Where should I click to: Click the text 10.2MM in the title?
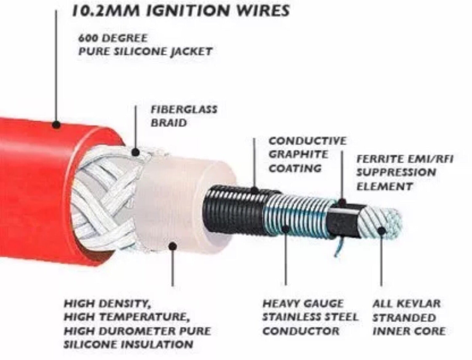[106, 10]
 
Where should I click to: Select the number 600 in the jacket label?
[87, 39]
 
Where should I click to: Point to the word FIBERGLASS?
[184, 110]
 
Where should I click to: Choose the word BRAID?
[169, 123]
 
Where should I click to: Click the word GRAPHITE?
[299, 154]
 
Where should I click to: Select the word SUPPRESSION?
[396, 172]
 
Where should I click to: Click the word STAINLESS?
[294, 317]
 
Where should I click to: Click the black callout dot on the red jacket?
[56, 124]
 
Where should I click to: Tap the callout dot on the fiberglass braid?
[136, 152]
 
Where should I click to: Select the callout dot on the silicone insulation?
[173, 246]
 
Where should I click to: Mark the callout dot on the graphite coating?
[254, 190]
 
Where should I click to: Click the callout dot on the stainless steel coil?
[285, 229]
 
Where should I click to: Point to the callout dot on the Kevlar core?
[381, 231]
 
